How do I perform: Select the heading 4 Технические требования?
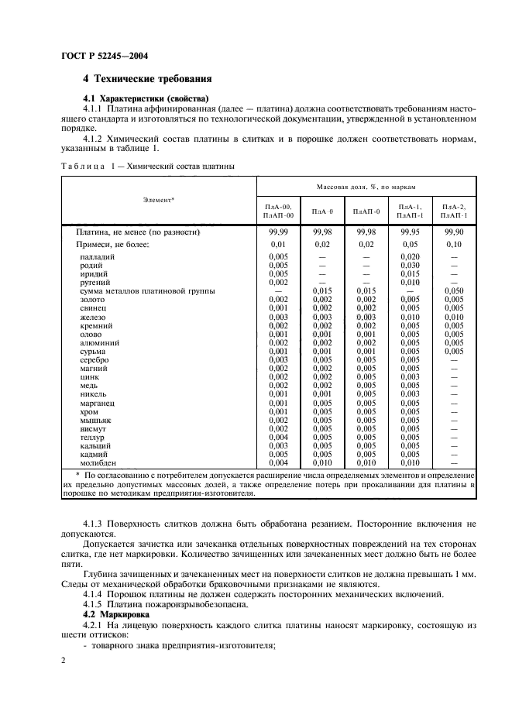click(x=146, y=79)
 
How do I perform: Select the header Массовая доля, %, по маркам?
click(x=366, y=187)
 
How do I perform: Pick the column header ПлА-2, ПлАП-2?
click(x=454, y=211)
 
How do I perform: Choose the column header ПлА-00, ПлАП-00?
click(x=278, y=211)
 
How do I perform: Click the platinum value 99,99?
click(x=278, y=232)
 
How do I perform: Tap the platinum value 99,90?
click(x=454, y=232)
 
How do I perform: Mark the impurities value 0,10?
click(x=454, y=244)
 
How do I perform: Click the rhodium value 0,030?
click(x=410, y=265)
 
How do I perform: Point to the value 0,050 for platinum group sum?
click(x=454, y=290)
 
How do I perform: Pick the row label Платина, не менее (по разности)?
click(x=138, y=232)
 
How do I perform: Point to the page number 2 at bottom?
click(x=64, y=660)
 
